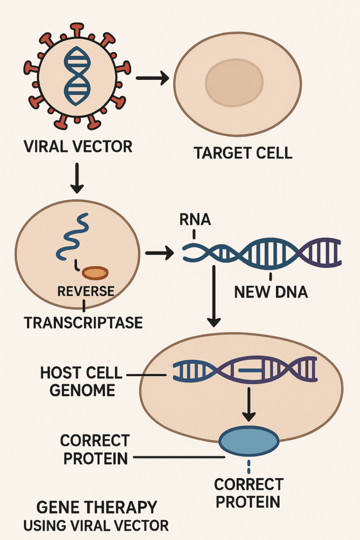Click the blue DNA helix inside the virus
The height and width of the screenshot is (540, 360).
pyautogui.click(x=77, y=76)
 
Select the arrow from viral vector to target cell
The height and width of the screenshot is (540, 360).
pyautogui.click(x=152, y=79)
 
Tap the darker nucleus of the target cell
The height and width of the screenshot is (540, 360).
pyautogui.click(x=234, y=83)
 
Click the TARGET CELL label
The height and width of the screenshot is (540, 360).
pyautogui.click(x=243, y=153)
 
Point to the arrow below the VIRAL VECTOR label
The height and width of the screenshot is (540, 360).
pyautogui.click(x=77, y=179)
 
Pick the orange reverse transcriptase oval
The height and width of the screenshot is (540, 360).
pyautogui.click(x=95, y=273)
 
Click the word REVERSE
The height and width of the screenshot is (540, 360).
pyautogui.click(x=85, y=291)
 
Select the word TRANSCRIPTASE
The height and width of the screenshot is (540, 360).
pyautogui.click(x=83, y=322)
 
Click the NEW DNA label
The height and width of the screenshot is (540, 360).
pyautogui.click(x=270, y=291)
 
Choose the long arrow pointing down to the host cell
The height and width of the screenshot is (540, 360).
pyautogui.click(x=214, y=296)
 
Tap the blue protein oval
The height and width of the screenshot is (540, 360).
pyautogui.click(x=248, y=441)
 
